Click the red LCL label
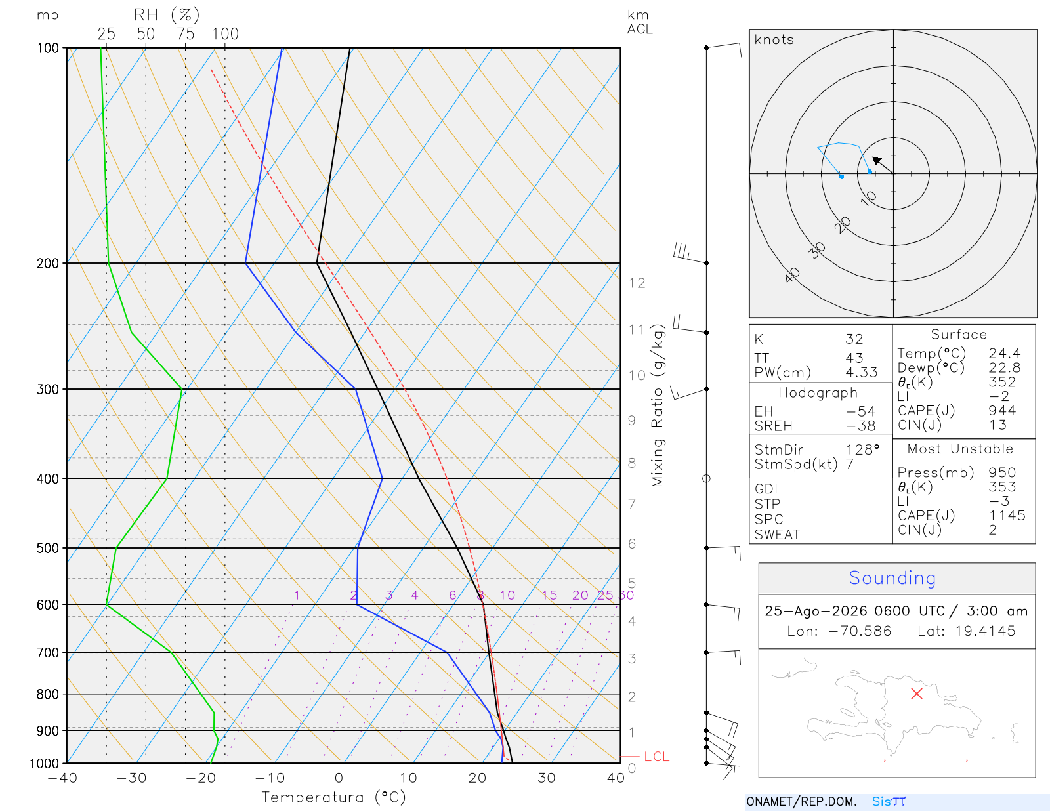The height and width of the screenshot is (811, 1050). coord(656,757)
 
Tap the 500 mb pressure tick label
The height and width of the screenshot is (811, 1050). coord(47,549)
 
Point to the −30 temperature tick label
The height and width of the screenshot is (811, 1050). coord(131,778)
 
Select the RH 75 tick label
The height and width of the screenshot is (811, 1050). coord(185,34)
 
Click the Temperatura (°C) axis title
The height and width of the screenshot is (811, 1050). coord(333,797)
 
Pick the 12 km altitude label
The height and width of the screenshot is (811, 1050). coord(637,283)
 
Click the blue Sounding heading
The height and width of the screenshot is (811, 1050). coord(892,577)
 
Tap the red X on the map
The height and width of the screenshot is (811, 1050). coord(916,694)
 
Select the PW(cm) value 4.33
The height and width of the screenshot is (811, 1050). coord(862,373)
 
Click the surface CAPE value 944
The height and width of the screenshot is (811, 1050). coord(1002,411)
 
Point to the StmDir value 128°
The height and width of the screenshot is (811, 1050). coord(862,449)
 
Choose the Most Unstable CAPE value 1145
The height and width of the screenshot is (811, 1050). coord(1007,515)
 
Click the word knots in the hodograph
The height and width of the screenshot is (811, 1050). coord(774,39)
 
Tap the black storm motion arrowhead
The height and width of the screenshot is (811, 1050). coord(876,160)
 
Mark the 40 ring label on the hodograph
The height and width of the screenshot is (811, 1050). coord(792,276)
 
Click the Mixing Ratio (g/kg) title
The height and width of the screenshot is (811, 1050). coord(658,405)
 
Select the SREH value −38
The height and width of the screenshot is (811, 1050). coord(860,426)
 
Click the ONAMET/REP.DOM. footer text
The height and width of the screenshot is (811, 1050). coord(801,801)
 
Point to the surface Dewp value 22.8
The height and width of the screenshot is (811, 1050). coord(1005,367)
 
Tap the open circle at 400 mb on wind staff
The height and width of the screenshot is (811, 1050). coord(706,479)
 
